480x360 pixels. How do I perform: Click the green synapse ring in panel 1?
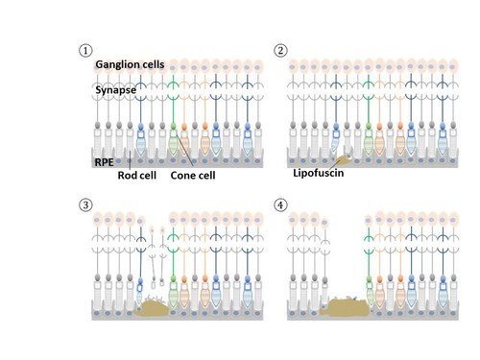coord(173,92)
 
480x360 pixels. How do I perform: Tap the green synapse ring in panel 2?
coord(368,92)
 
